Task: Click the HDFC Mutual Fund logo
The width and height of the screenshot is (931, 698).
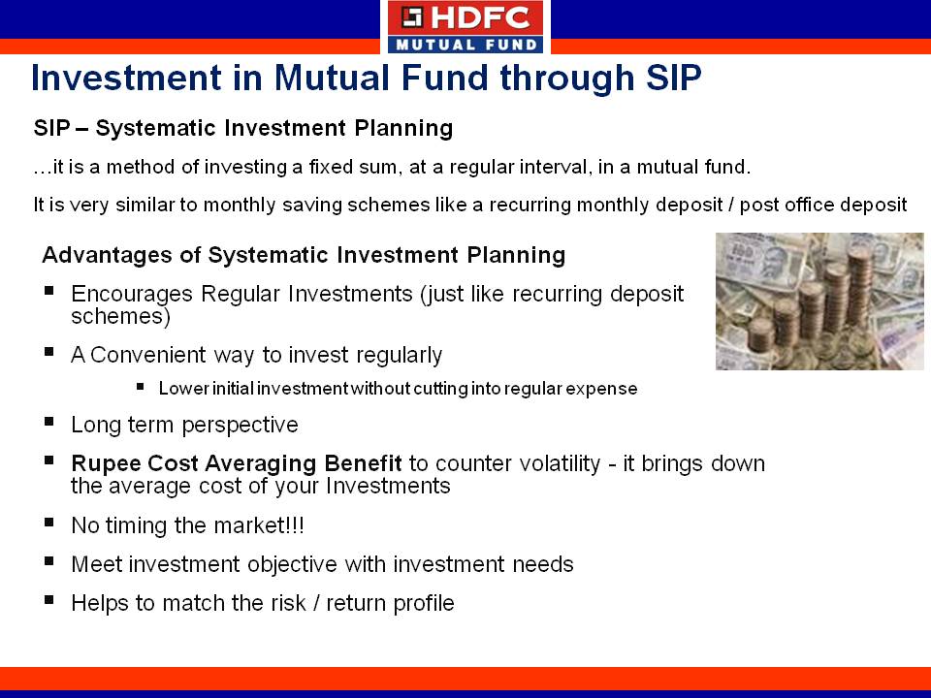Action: [465, 27]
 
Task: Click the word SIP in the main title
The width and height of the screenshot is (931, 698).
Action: [674, 78]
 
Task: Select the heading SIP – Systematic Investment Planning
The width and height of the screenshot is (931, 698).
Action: [243, 128]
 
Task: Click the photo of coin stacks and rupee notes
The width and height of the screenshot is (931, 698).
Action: [819, 301]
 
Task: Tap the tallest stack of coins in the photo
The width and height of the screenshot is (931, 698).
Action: [858, 285]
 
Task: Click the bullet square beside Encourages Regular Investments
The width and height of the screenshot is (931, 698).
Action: [48, 291]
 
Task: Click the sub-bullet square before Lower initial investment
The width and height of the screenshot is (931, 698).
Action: [140, 387]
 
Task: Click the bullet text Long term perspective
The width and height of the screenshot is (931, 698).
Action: [184, 425]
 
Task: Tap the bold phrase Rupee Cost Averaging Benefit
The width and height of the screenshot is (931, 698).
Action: [237, 463]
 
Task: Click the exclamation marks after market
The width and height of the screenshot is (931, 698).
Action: [297, 525]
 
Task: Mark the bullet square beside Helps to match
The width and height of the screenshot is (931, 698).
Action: [48, 600]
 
